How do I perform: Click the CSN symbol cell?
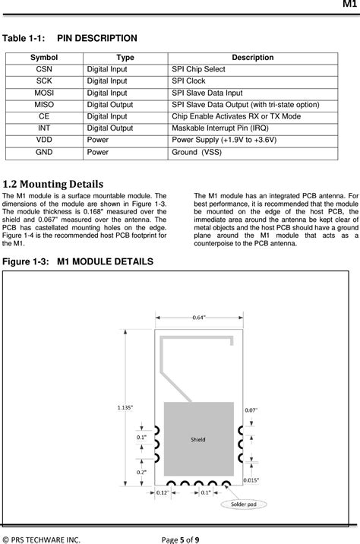44,68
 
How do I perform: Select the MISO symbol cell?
44,104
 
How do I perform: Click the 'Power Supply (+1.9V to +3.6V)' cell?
224,140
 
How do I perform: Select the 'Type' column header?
125,57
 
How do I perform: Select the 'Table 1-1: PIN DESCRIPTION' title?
71,38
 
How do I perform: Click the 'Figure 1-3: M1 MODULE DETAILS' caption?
78,261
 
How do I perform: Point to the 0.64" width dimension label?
202,317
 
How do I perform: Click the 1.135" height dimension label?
125,407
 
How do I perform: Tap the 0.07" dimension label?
251,410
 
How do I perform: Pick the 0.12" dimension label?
162,494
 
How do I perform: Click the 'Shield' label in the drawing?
197,439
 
